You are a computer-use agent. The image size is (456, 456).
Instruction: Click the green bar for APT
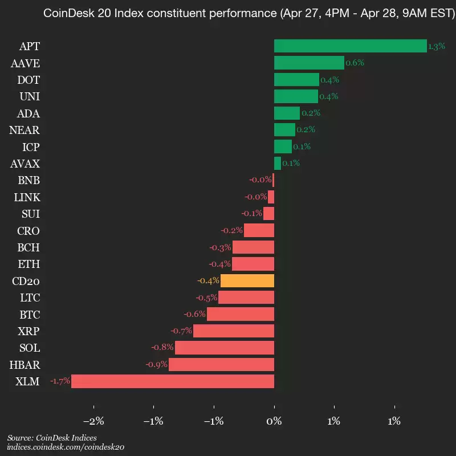coord(350,46)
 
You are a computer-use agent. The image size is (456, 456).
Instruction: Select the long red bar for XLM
coord(172,381)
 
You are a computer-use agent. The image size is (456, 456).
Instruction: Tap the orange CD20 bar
coord(247,281)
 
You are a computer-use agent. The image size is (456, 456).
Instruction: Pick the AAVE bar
coord(309,63)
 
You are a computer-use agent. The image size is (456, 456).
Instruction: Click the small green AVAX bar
coord(278,164)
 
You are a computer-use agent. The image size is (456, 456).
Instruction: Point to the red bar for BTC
coord(241,314)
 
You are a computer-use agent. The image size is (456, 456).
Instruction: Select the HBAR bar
coord(221,365)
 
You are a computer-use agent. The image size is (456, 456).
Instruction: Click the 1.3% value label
coord(437,47)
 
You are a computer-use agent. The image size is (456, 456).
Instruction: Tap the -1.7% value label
coord(60,381)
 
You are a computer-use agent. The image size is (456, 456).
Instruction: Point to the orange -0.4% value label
coord(208,281)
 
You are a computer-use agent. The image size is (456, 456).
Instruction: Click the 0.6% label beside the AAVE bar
coord(355,63)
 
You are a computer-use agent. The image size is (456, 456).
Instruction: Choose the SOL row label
coord(29,348)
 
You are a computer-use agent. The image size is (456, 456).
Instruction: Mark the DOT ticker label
coord(28,80)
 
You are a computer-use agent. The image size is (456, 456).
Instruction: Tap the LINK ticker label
coord(27,197)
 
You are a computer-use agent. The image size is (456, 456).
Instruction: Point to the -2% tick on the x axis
coord(93,422)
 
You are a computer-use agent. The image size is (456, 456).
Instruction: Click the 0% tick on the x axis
coord(274,422)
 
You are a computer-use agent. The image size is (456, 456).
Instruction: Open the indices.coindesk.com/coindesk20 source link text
coord(66,447)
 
